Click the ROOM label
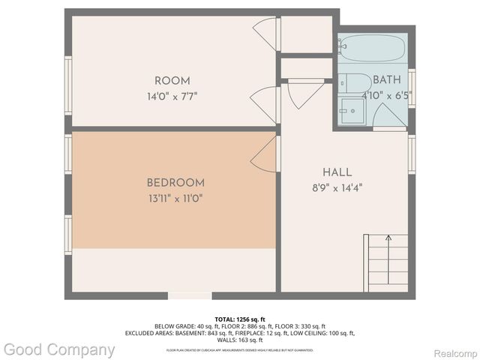tap(172, 81)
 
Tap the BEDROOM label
tap(175, 183)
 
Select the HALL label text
tap(337, 172)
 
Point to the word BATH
tap(386, 79)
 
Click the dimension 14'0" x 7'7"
tap(172, 96)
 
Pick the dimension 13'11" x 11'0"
tap(175, 198)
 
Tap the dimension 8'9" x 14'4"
tap(337, 187)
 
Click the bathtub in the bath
tap(373, 49)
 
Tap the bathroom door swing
tap(389, 115)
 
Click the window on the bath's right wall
tap(411, 88)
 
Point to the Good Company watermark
tap(58, 349)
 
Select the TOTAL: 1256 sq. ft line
tap(240, 319)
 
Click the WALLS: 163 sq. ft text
tap(240, 340)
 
